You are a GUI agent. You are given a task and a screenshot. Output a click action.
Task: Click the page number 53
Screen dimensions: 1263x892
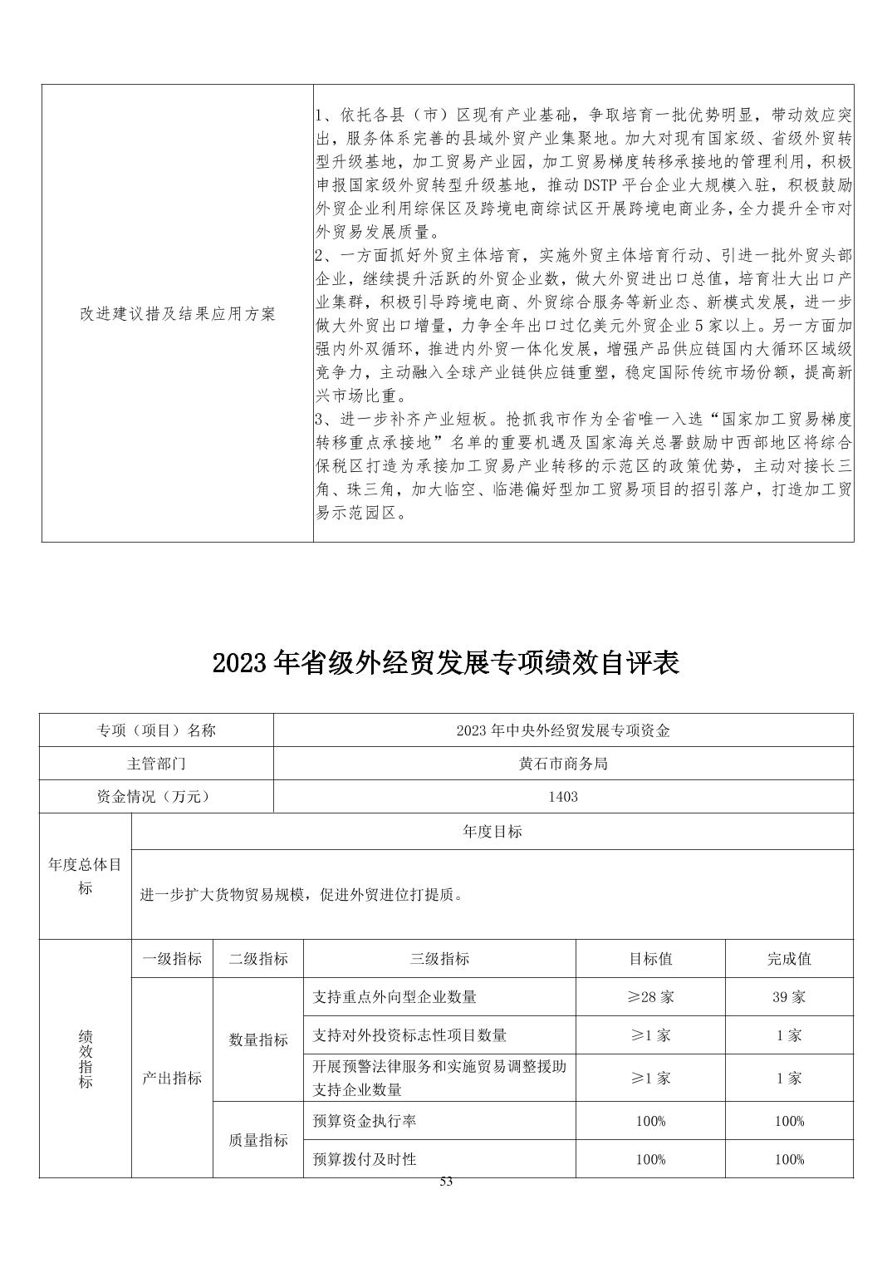(446, 1182)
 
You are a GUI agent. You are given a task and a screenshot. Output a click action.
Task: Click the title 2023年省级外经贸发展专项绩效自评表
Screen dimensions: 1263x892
(446, 662)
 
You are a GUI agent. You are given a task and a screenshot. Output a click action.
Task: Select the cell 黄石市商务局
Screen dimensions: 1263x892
(563, 763)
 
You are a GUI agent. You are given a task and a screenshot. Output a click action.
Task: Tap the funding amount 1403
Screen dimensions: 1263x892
(563, 796)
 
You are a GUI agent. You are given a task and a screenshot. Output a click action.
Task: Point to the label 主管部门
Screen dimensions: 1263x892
(156, 763)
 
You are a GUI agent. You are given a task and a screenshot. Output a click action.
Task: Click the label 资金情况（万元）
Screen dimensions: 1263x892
(156, 796)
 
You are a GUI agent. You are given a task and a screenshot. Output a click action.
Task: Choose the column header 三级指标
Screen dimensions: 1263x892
(439, 958)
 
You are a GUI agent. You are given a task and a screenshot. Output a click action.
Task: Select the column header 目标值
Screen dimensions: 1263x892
(650, 958)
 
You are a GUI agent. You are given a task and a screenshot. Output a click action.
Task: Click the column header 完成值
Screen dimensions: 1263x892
(789, 958)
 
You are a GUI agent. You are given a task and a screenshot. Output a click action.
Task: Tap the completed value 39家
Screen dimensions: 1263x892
(789, 996)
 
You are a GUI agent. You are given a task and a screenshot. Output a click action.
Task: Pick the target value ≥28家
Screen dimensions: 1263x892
(650, 996)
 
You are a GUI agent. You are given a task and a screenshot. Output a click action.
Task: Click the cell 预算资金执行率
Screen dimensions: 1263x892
(365, 1121)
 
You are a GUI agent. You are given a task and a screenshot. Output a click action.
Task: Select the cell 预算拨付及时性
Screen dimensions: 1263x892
(365, 1159)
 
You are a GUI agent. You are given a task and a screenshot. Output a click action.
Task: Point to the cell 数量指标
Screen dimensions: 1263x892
(258, 1039)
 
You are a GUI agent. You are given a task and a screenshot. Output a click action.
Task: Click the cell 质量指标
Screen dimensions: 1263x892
(258, 1140)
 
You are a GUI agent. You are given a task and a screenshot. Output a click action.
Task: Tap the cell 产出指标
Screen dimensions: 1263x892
(172, 1078)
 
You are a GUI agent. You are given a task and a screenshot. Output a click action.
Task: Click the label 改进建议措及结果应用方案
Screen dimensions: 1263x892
(177, 314)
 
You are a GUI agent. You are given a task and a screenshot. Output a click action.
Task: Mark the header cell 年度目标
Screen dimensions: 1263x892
(493, 831)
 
